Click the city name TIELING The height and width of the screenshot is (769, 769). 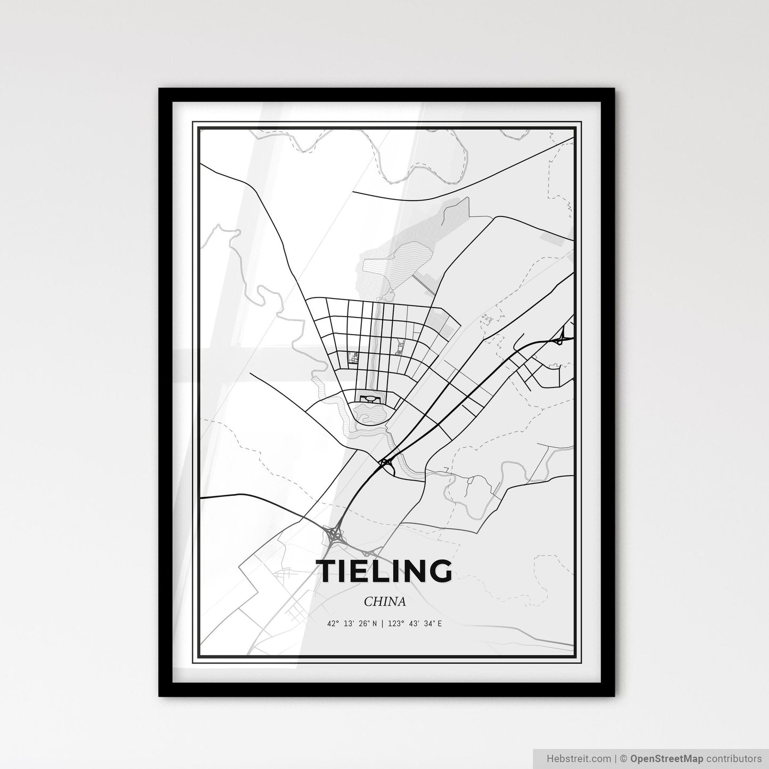(384, 571)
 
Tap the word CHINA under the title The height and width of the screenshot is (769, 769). (385, 601)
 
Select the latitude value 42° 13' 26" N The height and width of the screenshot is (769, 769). (352, 623)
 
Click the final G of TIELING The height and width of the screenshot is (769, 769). (440, 571)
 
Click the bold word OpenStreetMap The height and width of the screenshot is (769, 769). (667, 758)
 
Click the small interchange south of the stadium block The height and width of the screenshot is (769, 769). (385, 463)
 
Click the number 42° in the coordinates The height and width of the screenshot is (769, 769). (333, 623)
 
